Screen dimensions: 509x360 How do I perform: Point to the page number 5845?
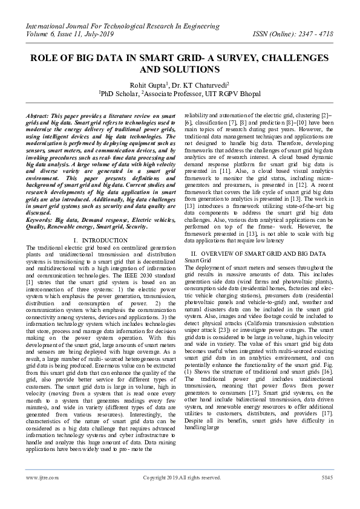(x=327, y=478)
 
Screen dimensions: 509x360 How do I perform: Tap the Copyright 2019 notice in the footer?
(x=182, y=478)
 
